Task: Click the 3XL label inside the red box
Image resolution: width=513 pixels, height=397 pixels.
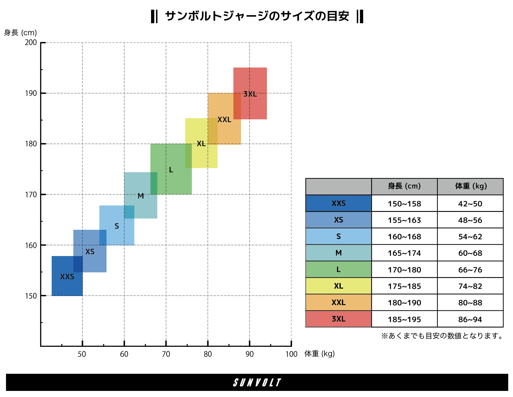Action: (x=250, y=94)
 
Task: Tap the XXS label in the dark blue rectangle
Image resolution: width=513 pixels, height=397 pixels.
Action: (x=67, y=277)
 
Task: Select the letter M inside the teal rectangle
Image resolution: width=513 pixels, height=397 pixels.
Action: (x=141, y=196)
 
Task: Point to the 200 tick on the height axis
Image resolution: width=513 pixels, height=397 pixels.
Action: (x=31, y=43)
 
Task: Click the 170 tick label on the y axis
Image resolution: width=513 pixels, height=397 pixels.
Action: (x=31, y=195)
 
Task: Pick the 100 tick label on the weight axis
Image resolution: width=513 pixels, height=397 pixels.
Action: (x=291, y=354)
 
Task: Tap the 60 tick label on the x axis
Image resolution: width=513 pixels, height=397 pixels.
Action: (x=124, y=354)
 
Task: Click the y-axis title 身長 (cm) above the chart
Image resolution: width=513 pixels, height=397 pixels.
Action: (x=20, y=33)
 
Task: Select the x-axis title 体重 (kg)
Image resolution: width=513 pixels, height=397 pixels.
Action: (x=319, y=353)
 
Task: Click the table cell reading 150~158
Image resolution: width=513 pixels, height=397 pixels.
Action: (x=404, y=204)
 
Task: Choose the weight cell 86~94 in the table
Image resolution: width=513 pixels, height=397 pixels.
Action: (x=470, y=319)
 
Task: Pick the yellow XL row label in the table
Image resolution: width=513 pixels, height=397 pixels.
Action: (x=339, y=286)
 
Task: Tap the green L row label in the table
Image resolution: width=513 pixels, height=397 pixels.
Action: (x=339, y=269)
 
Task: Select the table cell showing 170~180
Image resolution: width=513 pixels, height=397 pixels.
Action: (x=404, y=270)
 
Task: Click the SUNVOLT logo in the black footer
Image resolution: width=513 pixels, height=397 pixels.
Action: (x=257, y=382)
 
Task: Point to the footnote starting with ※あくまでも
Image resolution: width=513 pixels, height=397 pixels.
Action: (x=442, y=336)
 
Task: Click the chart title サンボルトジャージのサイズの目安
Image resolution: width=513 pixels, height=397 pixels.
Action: (x=257, y=16)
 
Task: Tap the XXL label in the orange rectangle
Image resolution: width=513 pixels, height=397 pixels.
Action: (x=224, y=120)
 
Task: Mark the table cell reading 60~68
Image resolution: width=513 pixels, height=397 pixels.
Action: (x=470, y=253)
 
